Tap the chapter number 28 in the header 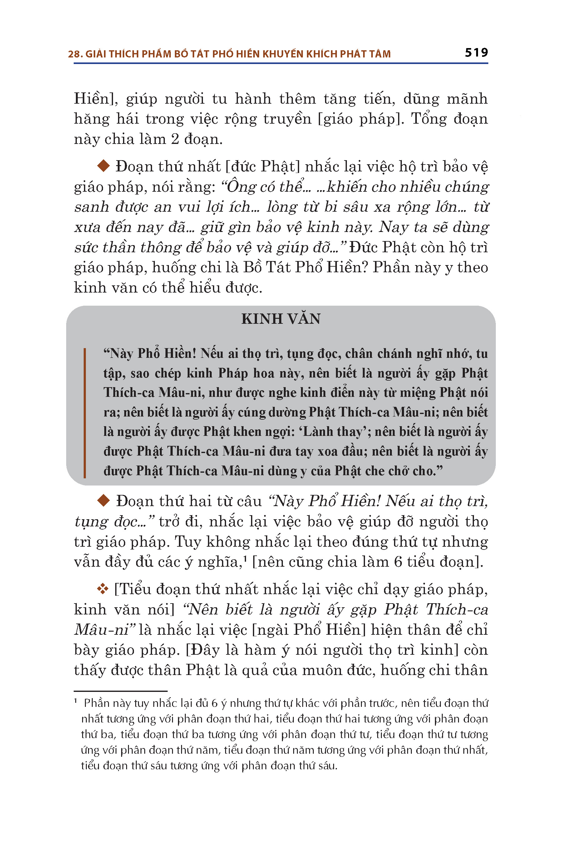(75, 54)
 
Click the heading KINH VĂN (281, 319)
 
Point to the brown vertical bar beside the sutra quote (85, 412)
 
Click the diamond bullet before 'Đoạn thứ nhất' (104, 166)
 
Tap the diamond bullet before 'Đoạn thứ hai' (104, 500)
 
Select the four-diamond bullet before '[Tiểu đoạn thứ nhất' (103, 589)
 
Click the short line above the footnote (121, 691)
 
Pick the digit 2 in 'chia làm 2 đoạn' (175, 139)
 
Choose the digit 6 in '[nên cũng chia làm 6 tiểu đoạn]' (398, 562)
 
